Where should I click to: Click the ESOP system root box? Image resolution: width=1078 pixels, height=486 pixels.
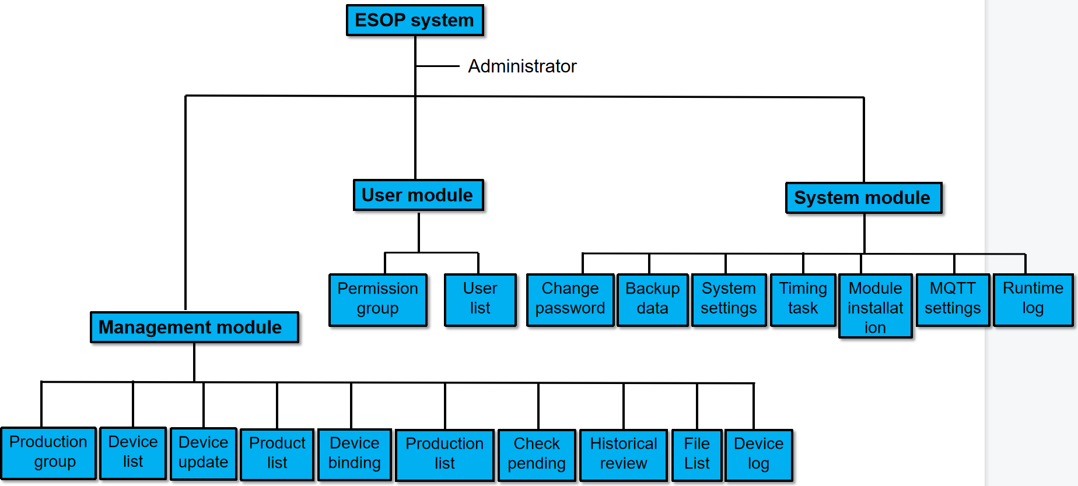(x=415, y=20)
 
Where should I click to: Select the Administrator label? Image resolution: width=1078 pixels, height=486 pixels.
(x=521, y=66)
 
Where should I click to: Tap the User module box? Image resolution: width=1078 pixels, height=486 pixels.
(x=418, y=195)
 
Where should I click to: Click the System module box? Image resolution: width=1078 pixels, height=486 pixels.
(x=863, y=198)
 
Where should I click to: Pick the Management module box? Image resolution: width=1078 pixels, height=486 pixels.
(x=194, y=327)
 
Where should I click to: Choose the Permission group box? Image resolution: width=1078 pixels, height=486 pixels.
(x=377, y=299)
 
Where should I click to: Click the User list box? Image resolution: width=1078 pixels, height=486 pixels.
(x=480, y=299)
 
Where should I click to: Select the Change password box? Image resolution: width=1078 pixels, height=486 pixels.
(x=570, y=299)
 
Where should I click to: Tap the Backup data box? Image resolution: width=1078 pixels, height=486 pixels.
(x=652, y=299)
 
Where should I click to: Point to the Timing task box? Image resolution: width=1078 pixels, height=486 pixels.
(x=803, y=299)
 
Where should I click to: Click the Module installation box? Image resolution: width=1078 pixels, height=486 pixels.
(x=875, y=307)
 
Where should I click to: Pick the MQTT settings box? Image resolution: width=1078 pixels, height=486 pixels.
(x=952, y=299)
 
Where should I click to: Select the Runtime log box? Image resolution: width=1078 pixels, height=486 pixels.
(x=1032, y=299)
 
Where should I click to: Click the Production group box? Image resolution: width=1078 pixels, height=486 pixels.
(x=48, y=453)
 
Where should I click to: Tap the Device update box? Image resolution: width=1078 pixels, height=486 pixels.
(x=203, y=453)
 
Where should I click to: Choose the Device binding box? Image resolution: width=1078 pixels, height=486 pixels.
(x=354, y=454)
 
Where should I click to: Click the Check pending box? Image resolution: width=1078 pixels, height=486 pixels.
(x=537, y=455)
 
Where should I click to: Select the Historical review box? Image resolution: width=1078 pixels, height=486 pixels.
(x=623, y=455)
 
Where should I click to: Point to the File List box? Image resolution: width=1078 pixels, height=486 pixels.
(x=696, y=455)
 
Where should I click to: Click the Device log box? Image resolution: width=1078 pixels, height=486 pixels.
(x=758, y=455)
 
